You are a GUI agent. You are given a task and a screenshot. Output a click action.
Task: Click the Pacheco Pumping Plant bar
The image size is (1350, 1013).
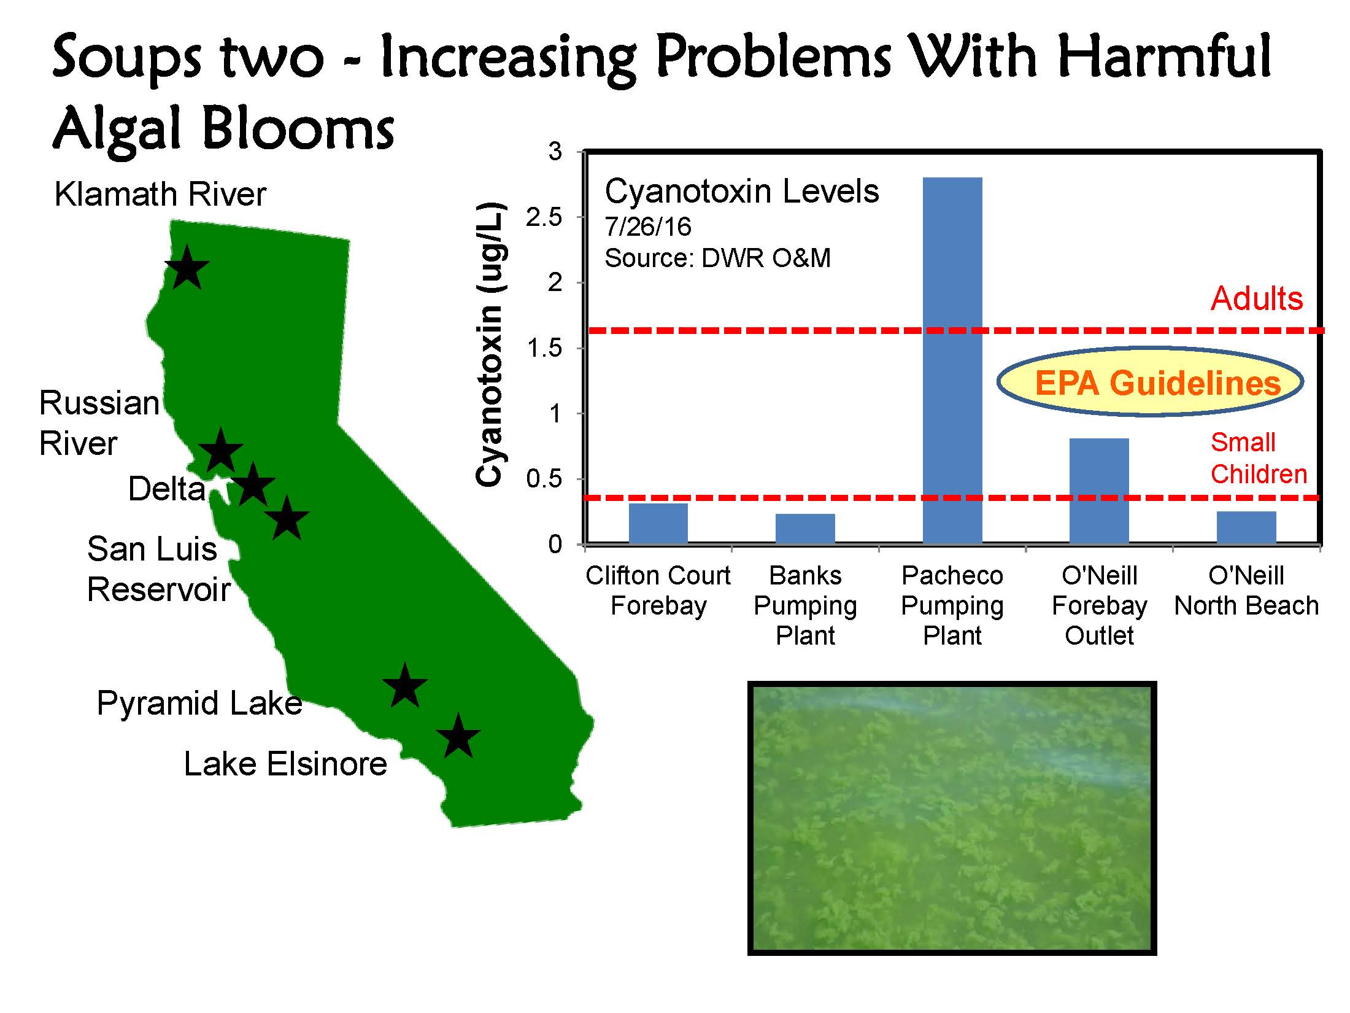952,360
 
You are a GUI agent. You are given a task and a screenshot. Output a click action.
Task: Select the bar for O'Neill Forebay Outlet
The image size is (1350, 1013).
1099,491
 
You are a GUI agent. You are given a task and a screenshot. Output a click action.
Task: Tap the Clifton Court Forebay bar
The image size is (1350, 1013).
658,524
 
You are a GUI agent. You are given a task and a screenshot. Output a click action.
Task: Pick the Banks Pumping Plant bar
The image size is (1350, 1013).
805,529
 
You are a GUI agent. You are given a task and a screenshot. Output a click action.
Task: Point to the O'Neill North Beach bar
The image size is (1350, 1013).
1246,527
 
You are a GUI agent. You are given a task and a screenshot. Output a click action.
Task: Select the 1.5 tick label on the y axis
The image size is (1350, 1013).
544,348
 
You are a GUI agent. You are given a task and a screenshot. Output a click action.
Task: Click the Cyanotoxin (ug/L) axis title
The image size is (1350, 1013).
490,344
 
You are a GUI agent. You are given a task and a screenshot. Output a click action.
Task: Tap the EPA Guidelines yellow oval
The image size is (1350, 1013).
1150,382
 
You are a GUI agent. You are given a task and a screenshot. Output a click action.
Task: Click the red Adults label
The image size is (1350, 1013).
1257,299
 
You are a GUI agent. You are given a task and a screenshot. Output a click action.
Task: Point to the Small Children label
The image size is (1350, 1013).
1259,458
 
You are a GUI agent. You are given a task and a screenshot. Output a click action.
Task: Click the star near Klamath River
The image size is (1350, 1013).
188,268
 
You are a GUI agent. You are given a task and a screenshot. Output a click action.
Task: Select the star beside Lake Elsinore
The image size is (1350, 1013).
458,736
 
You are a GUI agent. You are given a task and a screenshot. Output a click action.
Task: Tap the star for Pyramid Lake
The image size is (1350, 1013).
404,685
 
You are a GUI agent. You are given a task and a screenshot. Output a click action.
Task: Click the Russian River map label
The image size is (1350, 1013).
99,424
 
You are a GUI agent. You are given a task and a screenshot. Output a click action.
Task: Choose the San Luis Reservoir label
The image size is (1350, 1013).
158,569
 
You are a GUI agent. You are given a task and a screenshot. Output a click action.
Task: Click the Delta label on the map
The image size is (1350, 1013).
167,489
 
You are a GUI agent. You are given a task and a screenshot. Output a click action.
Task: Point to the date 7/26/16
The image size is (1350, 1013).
648,227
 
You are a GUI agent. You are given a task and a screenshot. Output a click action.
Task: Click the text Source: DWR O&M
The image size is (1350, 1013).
718,258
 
